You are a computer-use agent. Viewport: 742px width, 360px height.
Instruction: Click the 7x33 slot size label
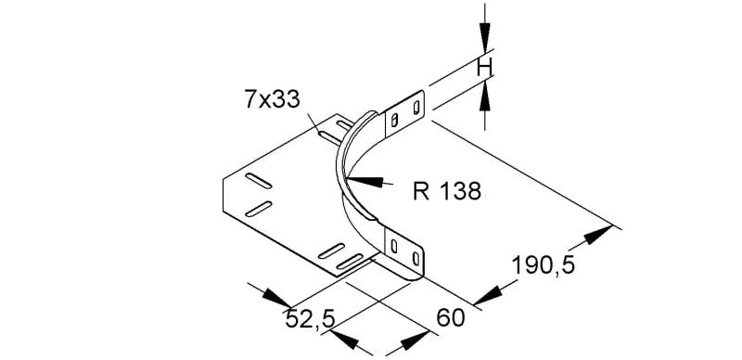coord(272,99)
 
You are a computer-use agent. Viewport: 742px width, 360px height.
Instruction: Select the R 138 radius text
coord(447,191)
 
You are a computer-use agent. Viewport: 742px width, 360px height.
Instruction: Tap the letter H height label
coord(484,69)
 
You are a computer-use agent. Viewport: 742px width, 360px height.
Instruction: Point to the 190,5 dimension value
coord(544,265)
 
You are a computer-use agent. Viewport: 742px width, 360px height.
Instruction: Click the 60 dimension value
coord(451,318)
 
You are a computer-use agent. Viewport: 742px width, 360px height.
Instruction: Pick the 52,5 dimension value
coord(311,320)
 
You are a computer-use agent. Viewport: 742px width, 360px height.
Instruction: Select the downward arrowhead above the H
coord(484,37)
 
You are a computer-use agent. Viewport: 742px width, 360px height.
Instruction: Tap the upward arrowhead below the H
coord(484,96)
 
